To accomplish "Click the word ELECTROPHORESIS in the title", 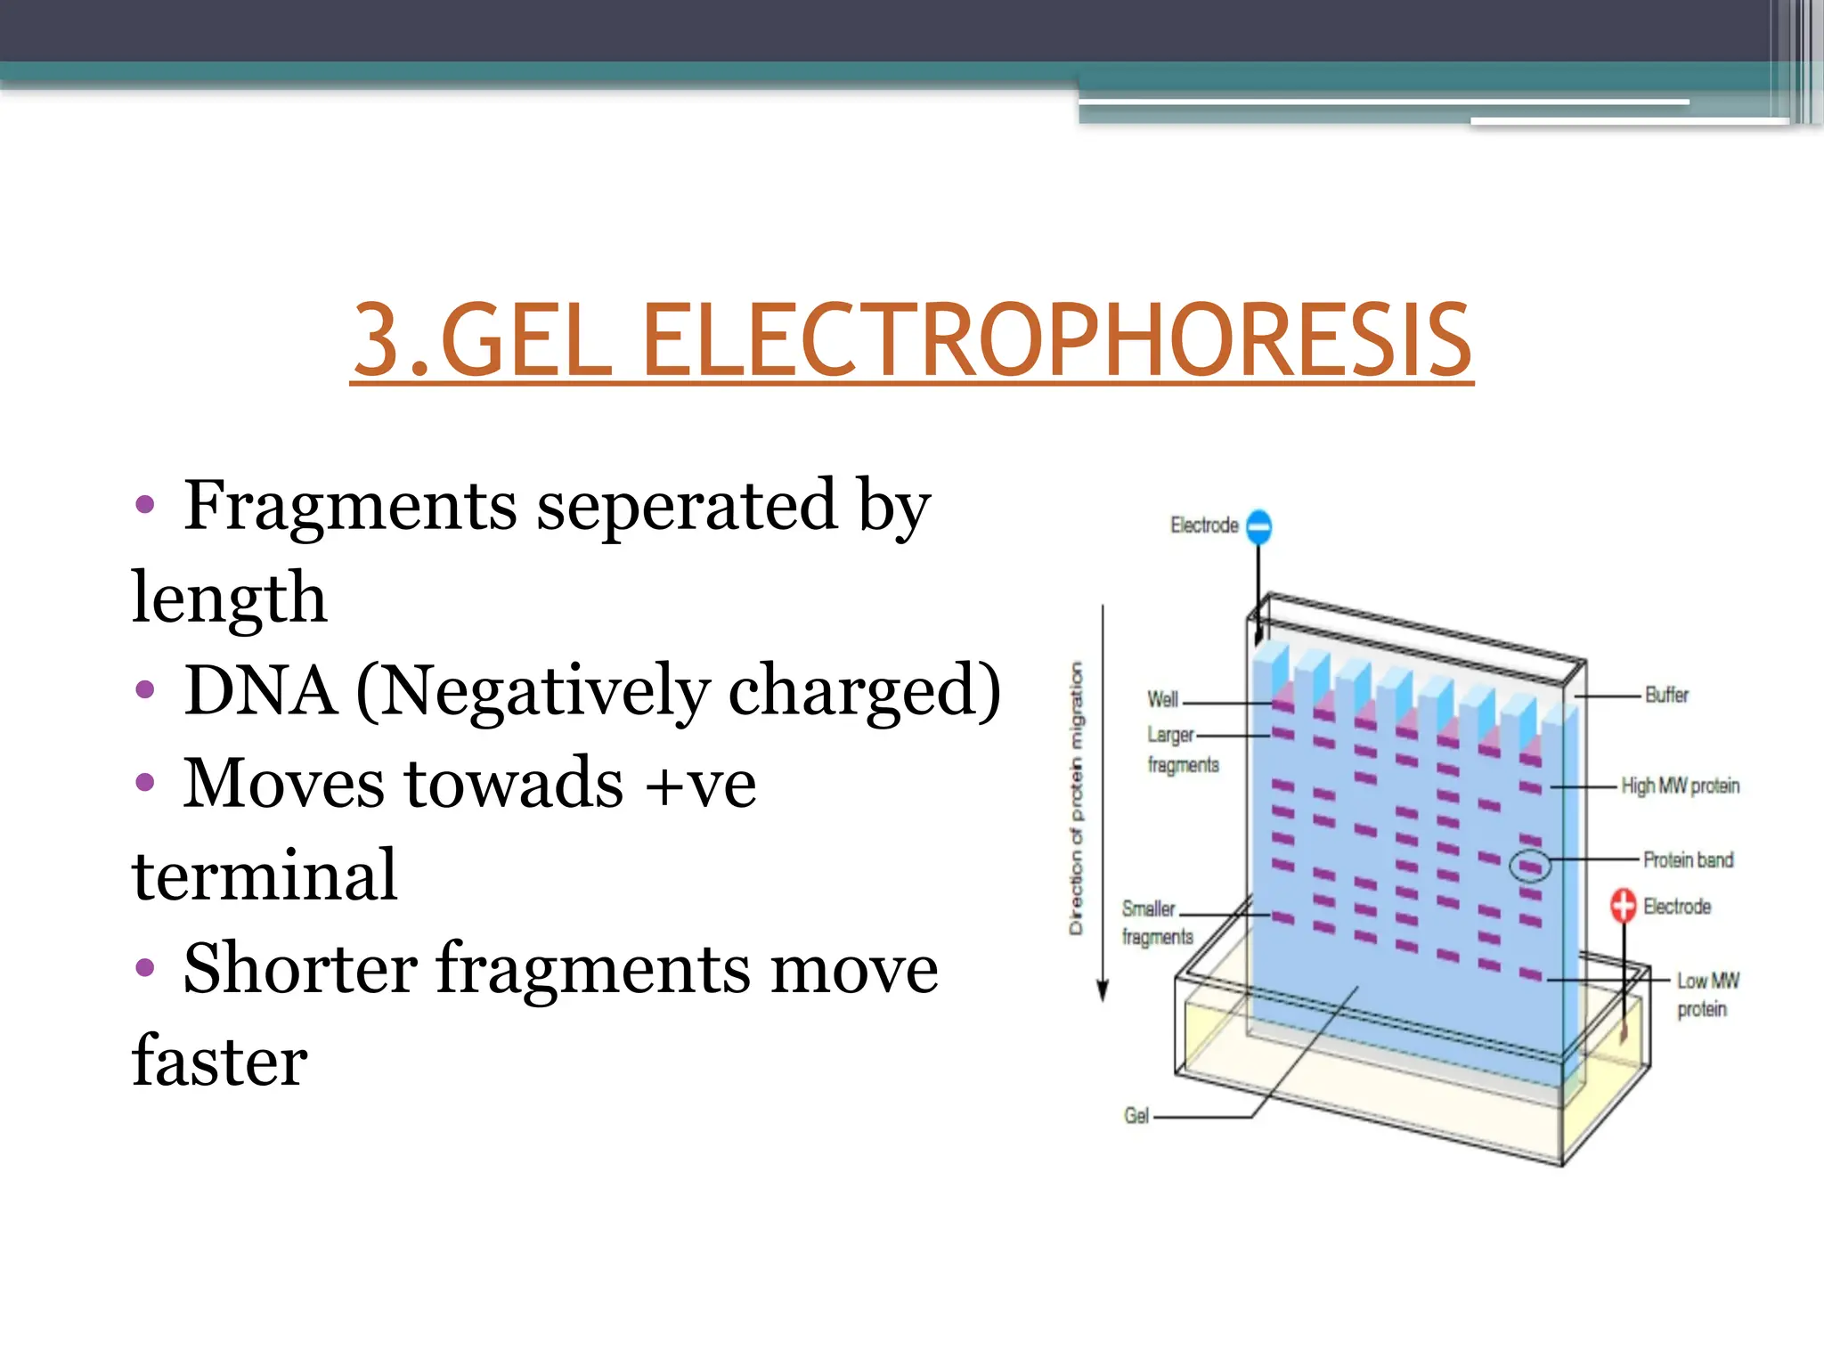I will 1055,341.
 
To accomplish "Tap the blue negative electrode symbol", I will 1258,526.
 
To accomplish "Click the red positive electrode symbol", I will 1623,906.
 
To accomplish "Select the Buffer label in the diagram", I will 1665,695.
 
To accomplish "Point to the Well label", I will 1162,699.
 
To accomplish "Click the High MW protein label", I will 1680,786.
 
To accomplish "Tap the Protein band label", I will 1688,859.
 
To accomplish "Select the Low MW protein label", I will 1706,994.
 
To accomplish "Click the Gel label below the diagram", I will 1136,1116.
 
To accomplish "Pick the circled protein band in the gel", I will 1530,866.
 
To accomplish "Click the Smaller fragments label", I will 1156,922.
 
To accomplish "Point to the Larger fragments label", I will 1181,750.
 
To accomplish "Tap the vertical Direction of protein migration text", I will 1077,797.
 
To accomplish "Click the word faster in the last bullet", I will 219,1061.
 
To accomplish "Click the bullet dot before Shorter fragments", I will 145,967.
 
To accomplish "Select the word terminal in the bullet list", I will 265,875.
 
